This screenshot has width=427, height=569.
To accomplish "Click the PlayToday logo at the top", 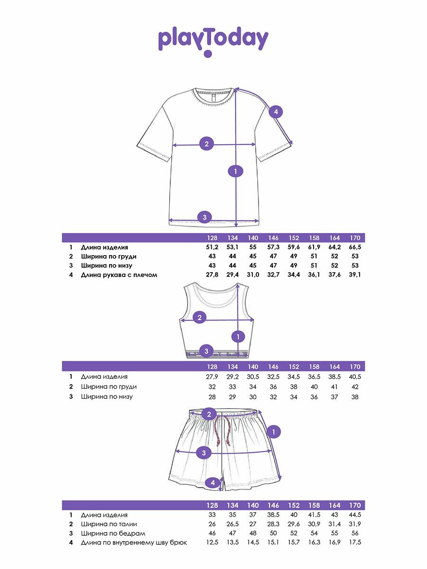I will [x=213, y=41].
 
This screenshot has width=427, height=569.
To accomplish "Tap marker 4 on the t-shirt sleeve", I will [x=276, y=112].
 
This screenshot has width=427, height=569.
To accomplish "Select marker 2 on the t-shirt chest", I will [x=206, y=144].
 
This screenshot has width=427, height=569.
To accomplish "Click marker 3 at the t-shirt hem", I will [x=204, y=218].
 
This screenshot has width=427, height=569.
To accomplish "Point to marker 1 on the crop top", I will [x=238, y=337].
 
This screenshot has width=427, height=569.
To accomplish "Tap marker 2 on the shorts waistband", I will [x=209, y=414].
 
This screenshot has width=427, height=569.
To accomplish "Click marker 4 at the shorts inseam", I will [x=213, y=483].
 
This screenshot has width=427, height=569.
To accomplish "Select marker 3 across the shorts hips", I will [x=204, y=453].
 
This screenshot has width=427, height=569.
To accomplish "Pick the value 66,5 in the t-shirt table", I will [x=355, y=248].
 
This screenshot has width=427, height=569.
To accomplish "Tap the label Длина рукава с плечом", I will [x=119, y=275].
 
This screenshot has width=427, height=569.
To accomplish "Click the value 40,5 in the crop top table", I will [x=355, y=376].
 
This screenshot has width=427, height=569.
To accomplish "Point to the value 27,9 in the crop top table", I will [x=212, y=376].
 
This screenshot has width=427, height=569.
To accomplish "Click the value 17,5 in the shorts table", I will [x=355, y=542].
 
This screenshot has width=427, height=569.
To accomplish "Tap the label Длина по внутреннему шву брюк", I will [x=134, y=542].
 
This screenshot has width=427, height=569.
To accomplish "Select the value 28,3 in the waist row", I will [x=273, y=524].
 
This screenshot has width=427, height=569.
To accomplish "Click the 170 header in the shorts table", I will [x=355, y=505].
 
